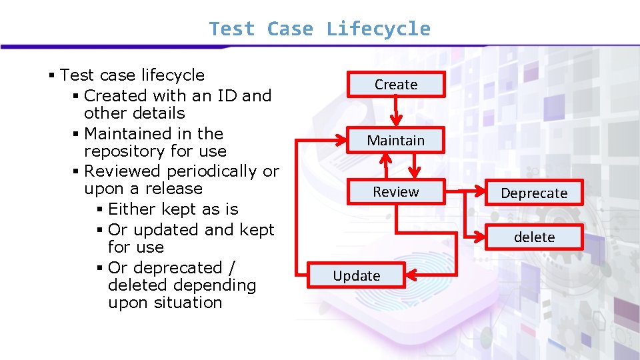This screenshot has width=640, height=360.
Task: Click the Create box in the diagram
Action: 396,85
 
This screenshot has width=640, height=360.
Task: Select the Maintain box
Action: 395,141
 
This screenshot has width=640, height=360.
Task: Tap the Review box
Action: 395,192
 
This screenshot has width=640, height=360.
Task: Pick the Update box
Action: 357,276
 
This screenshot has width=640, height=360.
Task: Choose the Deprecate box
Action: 534,193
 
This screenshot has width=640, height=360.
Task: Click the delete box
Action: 534,237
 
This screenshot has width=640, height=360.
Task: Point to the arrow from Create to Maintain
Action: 396,110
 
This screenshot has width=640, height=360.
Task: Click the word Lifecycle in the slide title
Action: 378,29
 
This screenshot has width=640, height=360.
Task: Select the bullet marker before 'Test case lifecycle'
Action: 52,75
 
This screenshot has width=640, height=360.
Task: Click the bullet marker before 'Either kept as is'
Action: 99,209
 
